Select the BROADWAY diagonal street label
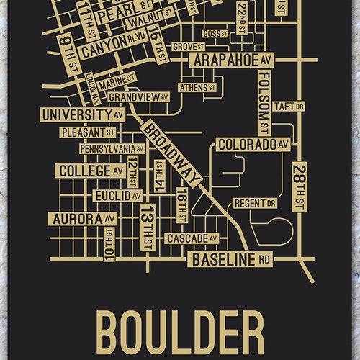tap(173, 153)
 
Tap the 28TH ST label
tap(297, 186)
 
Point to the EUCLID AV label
tap(117, 195)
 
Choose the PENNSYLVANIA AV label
tap(112, 149)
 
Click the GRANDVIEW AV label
tap(139, 96)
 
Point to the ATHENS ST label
tap(197, 88)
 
